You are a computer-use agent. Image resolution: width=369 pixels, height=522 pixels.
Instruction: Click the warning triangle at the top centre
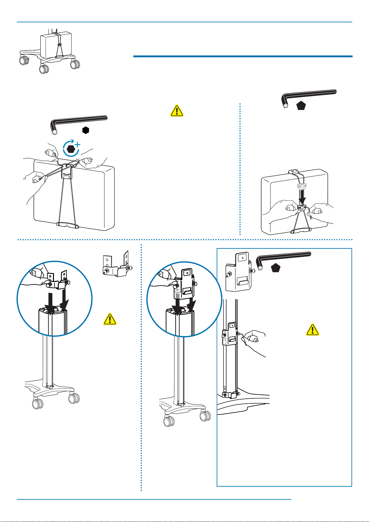(x=177, y=111)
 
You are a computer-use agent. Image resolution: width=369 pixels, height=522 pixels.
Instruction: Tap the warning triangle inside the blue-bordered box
(x=312, y=330)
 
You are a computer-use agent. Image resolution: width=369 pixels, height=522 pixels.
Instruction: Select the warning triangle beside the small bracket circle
(x=110, y=319)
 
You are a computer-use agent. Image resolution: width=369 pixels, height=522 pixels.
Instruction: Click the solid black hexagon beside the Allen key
(x=86, y=130)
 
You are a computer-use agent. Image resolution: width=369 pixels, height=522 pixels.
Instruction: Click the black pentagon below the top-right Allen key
(x=301, y=106)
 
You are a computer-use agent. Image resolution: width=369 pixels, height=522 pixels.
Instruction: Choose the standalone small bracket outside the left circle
(x=117, y=264)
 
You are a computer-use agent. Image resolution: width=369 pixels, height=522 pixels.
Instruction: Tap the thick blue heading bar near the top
(x=243, y=56)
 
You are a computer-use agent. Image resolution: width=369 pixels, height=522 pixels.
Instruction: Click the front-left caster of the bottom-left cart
(x=38, y=404)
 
